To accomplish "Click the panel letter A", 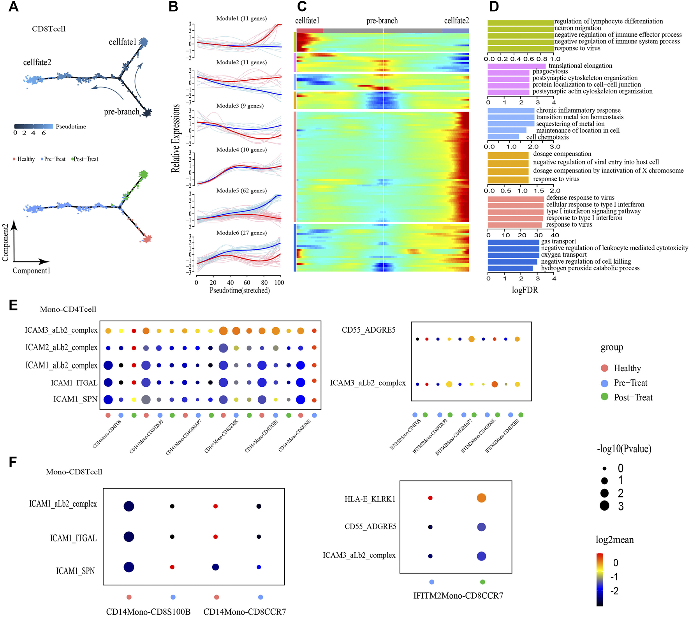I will pos(14,7).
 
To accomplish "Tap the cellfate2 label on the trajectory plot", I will pos(37,62).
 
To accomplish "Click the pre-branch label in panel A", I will pos(121,112).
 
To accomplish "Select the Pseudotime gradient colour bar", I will pos(33,127).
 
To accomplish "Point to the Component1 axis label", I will pos(32,270).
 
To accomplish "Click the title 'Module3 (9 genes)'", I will pos(240,106).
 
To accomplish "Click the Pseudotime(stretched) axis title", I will pos(239,290).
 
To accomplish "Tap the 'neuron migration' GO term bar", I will pos(520,28).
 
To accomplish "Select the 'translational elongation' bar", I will pos(517,66).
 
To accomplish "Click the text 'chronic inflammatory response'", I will pos(578,110).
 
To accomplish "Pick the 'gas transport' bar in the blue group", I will pos(513,242).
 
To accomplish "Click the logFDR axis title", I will pos(525,290).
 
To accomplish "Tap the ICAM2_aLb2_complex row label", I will pos(61,347).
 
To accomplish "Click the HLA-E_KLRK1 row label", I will pos(370,499).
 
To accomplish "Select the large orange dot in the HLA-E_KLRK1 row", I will pos(481,498).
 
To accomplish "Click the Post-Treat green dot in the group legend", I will pos(604,397).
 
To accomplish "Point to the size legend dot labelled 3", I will pos(604,506).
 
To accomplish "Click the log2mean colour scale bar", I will pos(600,580).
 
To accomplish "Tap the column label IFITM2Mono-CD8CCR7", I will pos(458,596).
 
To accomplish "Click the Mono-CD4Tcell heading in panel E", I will pos(68,309).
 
